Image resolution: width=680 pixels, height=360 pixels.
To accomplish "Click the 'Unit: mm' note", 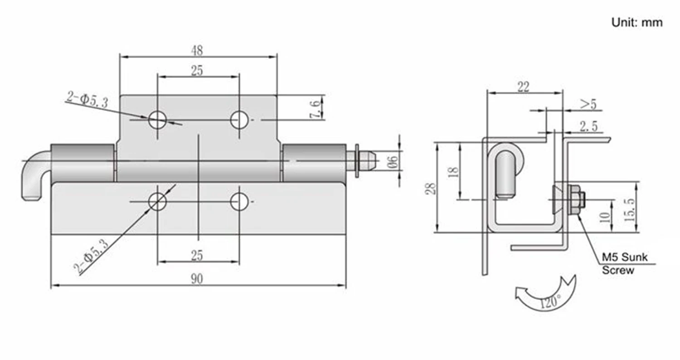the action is (637, 23).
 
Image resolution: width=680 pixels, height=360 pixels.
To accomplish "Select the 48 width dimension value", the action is (197, 50).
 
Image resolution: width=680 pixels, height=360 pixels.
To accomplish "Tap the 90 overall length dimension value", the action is (197, 279).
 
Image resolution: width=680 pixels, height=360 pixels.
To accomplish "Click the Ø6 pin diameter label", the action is (392, 162).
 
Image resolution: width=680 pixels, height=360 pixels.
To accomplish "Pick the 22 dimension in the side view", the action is (523, 87).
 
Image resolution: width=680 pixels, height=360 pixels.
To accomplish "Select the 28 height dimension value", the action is (431, 189).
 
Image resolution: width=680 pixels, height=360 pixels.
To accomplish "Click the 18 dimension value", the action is (453, 172).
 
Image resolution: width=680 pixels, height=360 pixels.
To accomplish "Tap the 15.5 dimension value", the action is (630, 210).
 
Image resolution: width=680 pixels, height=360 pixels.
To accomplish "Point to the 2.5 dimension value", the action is (588, 126).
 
